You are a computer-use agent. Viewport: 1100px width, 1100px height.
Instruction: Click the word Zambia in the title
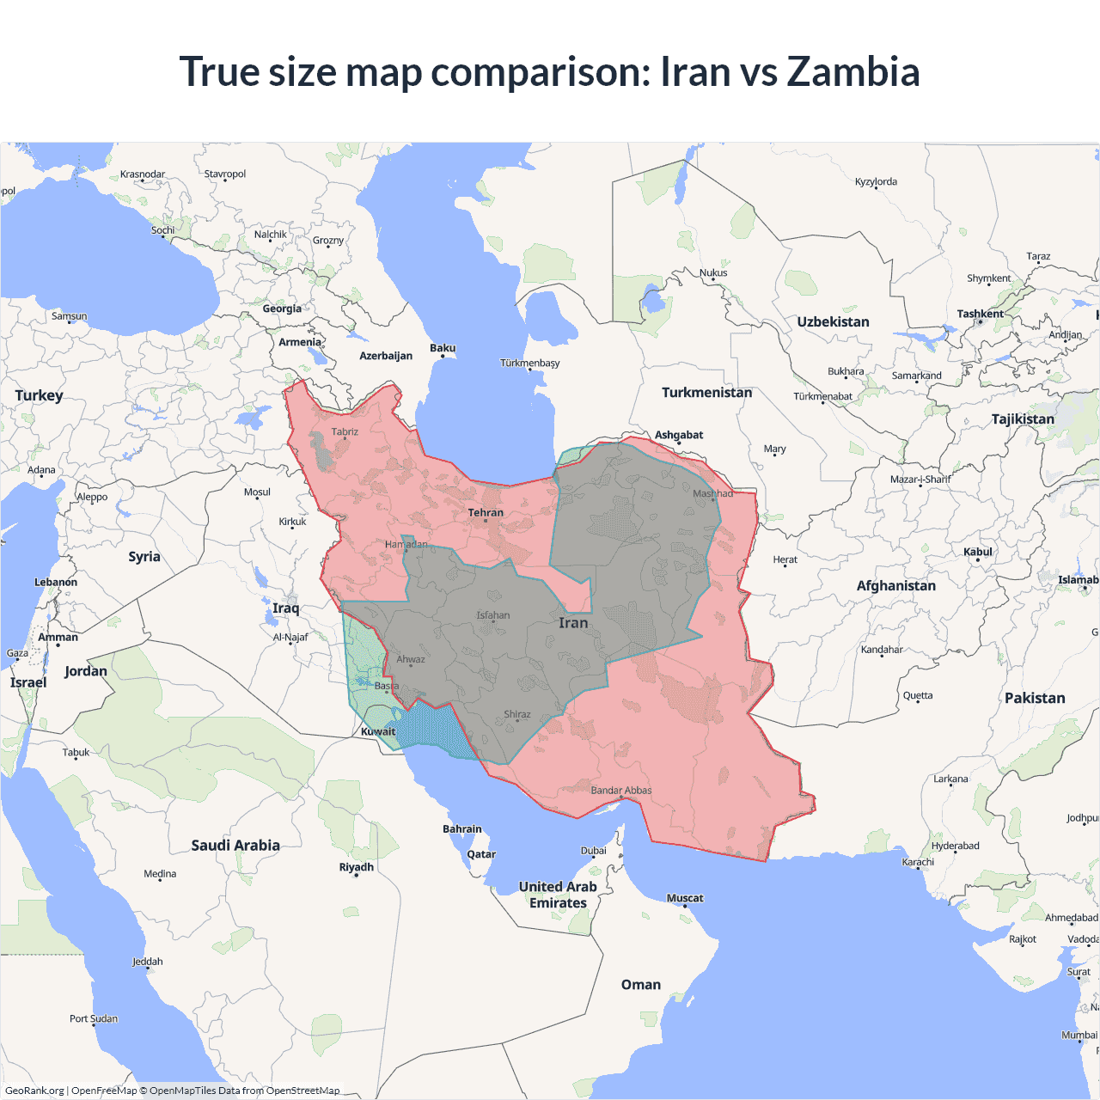[x=852, y=72]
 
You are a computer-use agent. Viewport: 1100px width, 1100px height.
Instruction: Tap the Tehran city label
[x=486, y=513]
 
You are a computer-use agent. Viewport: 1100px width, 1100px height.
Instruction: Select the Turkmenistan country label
[x=706, y=393]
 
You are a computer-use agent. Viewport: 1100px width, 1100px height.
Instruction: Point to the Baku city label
[x=443, y=348]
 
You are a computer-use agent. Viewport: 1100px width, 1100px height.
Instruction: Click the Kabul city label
[x=978, y=552]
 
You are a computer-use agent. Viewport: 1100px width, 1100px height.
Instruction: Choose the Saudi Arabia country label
[x=235, y=846]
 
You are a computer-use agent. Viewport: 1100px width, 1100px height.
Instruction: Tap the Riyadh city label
[x=356, y=867]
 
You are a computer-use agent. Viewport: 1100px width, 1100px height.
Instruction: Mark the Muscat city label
[x=685, y=898]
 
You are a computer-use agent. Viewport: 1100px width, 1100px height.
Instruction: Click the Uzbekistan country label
[x=833, y=322]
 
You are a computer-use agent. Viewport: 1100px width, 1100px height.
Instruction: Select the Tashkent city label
[x=981, y=314]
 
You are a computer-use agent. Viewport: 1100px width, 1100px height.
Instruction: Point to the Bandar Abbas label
[x=621, y=791]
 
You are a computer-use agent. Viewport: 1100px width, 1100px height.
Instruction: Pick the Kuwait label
[x=378, y=732]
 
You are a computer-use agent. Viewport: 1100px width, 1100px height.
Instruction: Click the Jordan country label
[x=86, y=671]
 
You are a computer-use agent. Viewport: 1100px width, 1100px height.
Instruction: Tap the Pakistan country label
[x=1035, y=698]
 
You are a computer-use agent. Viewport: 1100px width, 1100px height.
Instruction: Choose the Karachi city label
[x=918, y=862]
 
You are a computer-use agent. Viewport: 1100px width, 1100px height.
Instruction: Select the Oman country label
[x=641, y=985]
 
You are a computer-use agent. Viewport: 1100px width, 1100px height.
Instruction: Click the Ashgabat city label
[x=679, y=435]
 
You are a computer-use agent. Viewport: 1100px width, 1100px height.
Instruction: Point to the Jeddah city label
[x=148, y=962]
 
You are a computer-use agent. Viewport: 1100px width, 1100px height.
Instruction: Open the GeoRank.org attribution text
[x=34, y=1091]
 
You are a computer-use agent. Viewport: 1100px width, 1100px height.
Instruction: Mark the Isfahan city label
[x=493, y=615]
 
